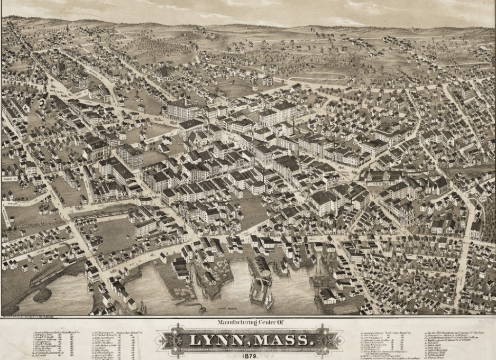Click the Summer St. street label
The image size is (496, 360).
click(9, 179)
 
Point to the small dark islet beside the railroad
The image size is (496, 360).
click(42, 294)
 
